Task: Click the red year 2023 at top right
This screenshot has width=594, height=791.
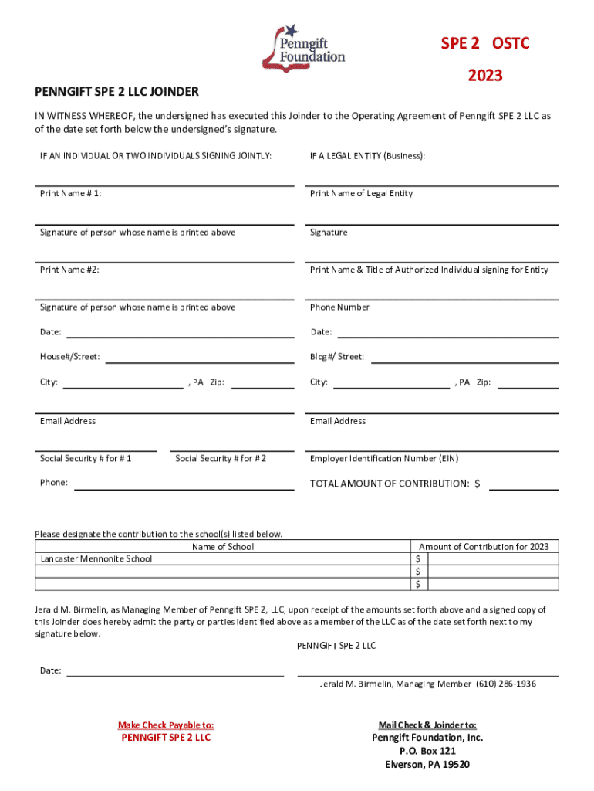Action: tap(484, 76)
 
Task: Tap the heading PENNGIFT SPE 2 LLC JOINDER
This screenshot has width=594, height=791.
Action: tap(116, 92)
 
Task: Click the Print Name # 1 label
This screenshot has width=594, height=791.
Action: tap(71, 194)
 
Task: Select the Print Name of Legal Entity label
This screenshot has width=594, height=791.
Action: tap(361, 194)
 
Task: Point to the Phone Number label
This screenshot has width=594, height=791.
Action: tap(339, 307)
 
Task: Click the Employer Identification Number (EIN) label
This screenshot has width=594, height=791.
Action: tap(384, 459)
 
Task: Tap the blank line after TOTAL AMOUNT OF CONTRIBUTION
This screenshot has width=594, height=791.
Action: tap(524, 485)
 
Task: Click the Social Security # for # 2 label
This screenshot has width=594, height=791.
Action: tap(221, 459)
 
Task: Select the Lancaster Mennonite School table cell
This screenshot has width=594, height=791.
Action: tap(96, 559)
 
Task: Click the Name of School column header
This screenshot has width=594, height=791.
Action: tap(223, 547)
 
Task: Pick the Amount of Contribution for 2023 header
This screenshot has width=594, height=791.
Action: tap(484, 547)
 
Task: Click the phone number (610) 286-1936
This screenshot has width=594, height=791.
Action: tap(506, 684)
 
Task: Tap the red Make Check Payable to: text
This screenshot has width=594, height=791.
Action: tap(166, 725)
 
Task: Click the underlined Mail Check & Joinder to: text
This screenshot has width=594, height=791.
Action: tap(427, 725)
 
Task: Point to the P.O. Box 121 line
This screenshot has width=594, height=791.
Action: tap(427, 751)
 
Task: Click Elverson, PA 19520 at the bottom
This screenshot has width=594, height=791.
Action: tap(427, 765)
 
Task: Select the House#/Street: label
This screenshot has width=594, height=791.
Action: tap(69, 358)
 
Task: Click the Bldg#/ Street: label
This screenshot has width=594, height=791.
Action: tap(337, 358)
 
